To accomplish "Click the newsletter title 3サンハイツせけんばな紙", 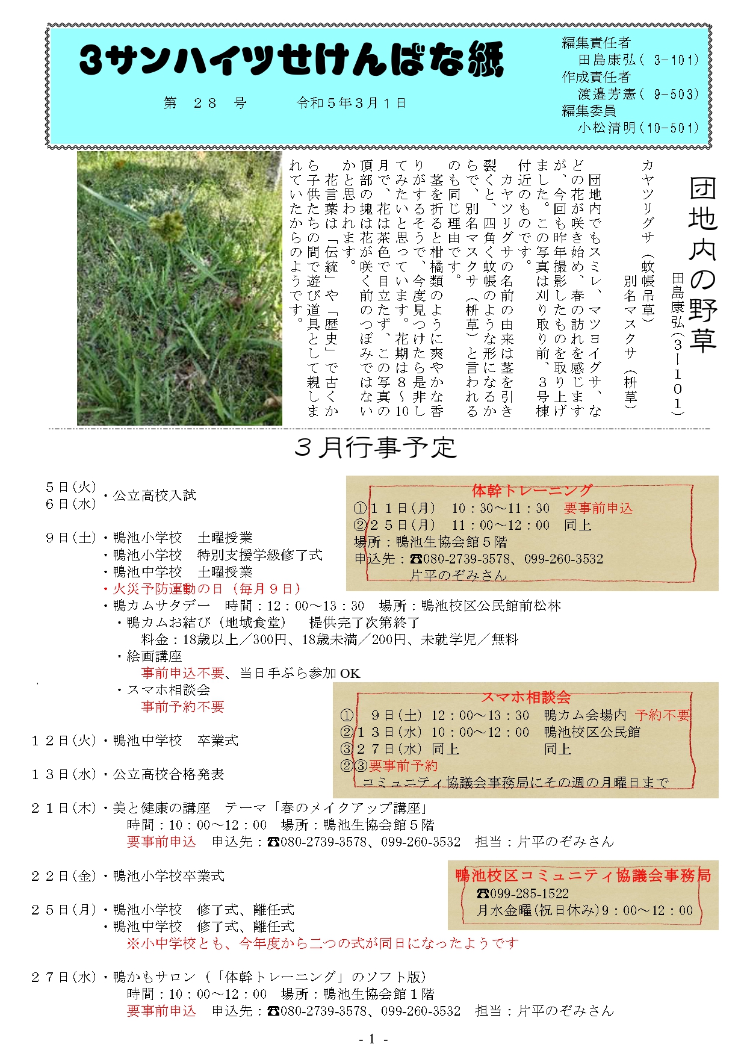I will point(291,61).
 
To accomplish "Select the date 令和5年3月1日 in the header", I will point(351,103).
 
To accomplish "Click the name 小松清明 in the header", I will point(606,128).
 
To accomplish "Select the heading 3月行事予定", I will point(375,447).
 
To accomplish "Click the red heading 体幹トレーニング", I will point(532,491).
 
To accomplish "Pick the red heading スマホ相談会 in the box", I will point(525,697).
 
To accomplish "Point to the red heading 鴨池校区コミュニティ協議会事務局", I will point(583,875).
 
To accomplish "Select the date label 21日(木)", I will point(64,808).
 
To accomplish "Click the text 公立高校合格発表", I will point(169,774).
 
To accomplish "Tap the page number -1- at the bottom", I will point(373,1039).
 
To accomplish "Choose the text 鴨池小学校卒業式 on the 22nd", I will point(169,876).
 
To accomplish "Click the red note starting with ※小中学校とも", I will point(323,943).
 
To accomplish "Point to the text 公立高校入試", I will point(155,495).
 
